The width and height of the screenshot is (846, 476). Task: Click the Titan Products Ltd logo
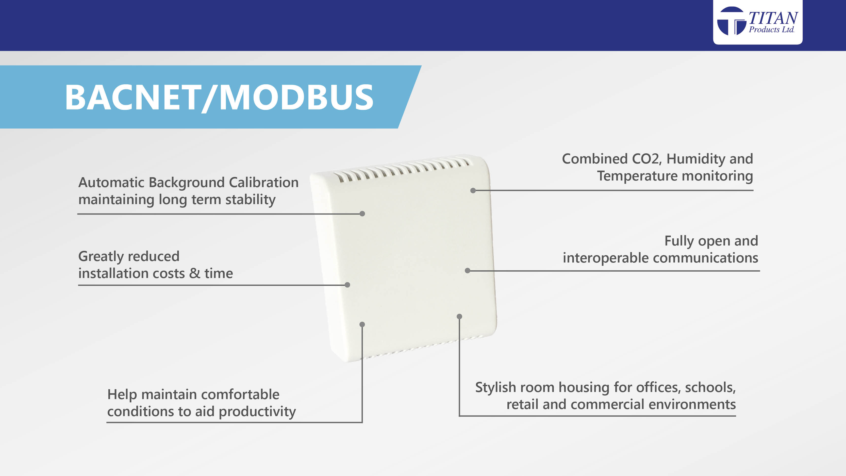pyautogui.click(x=758, y=21)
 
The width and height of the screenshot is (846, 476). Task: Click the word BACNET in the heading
pyautogui.click(x=133, y=97)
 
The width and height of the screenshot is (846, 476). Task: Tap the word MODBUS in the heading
pyautogui.click(x=296, y=97)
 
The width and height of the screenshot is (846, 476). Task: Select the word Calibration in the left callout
pyautogui.click(x=264, y=182)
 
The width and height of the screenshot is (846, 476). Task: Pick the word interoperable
pyautogui.click(x=605, y=258)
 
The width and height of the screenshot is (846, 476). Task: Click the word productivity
pyautogui.click(x=257, y=412)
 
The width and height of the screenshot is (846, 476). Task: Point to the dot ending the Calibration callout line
pyautogui.click(x=362, y=214)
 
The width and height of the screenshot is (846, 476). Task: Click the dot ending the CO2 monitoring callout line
pyautogui.click(x=473, y=191)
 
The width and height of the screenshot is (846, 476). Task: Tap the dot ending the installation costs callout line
pyautogui.click(x=347, y=285)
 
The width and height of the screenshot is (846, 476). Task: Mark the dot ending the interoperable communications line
pyautogui.click(x=467, y=271)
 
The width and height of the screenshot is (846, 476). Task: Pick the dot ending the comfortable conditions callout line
pyautogui.click(x=362, y=324)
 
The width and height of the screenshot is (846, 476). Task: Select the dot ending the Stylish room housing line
pyautogui.click(x=459, y=316)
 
